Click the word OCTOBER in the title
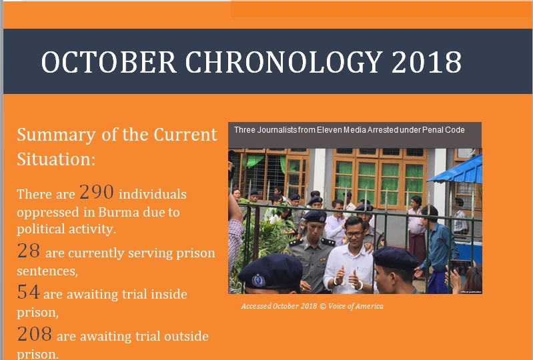click(109, 62)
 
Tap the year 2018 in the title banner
click(427, 62)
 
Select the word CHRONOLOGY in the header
click(284, 62)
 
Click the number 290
click(97, 192)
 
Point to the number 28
click(29, 251)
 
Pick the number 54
click(28, 292)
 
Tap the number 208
click(34, 334)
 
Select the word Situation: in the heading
click(56, 159)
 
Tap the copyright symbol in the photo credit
click(323, 307)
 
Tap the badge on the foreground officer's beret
click(258, 281)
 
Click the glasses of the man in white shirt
click(354, 234)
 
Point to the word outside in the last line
click(186, 336)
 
